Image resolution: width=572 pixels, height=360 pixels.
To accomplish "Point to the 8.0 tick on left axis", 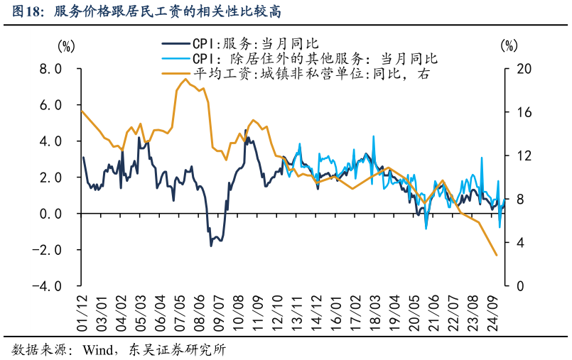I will [50, 69].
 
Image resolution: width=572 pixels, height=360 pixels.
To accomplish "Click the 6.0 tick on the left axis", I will [50, 105].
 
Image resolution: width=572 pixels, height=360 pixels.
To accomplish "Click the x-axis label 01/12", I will [83, 312].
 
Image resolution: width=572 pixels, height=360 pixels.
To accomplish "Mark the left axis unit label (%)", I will [65, 46].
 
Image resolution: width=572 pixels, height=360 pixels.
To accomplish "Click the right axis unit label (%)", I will [509, 46].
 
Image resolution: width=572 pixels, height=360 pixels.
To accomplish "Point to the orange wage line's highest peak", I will [185, 79].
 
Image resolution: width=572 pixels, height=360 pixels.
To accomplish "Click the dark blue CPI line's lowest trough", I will [211, 246].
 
